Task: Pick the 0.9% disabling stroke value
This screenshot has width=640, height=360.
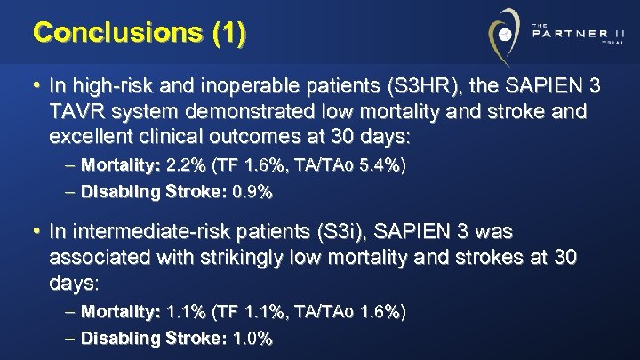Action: (252, 191)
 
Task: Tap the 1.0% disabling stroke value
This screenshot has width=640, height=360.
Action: (252, 339)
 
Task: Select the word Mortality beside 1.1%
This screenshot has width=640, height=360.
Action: (118, 312)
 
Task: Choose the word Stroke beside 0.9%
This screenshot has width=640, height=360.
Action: (200, 191)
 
